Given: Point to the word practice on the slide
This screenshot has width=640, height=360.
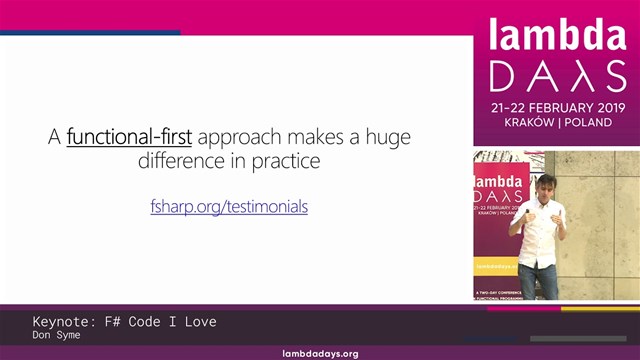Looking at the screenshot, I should [284, 160].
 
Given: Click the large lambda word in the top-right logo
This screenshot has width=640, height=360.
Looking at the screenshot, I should [556, 36].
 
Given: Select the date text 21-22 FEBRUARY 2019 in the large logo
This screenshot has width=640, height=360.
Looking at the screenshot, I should [556, 105].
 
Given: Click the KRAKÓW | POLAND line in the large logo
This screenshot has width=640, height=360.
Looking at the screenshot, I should [556, 122].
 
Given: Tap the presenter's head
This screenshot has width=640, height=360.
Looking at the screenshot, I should [546, 185].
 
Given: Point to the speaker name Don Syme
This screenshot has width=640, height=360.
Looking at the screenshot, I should [55, 336].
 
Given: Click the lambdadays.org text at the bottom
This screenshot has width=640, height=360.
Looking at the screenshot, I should [320, 354].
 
